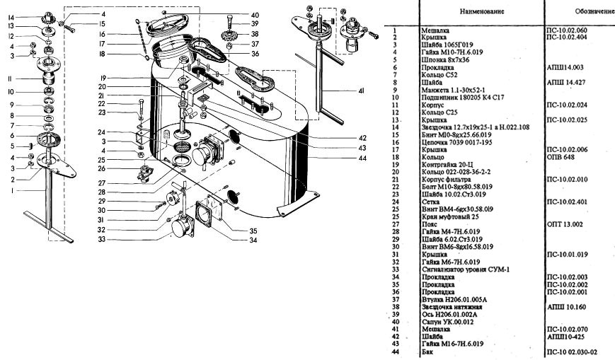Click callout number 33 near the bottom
click(x=102, y=239)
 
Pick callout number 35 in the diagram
click(x=253, y=231)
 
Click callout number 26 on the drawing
click(x=102, y=168)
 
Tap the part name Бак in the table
click(x=426, y=351)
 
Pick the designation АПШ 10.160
click(x=565, y=307)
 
